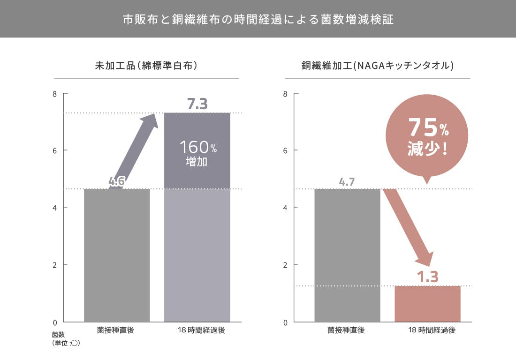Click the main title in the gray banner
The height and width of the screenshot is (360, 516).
(x=258, y=19)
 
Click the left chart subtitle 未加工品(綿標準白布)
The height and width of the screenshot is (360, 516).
(x=146, y=66)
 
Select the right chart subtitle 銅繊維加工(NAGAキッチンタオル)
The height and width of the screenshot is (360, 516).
(x=377, y=66)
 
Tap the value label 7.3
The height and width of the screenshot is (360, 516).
(x=197, y=104)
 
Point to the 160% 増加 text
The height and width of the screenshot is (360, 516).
(x=197, y=153)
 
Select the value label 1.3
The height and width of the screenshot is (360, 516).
(x=427, y=277)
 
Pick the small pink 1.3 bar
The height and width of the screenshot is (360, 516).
(x=427, y=304)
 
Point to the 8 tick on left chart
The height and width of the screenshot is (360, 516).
(x=54, y=94)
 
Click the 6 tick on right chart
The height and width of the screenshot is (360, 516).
(x=285, y=150)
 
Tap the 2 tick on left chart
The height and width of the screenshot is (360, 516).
(x=54, y=265)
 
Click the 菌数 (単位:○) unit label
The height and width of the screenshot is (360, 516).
(x=65, y=339)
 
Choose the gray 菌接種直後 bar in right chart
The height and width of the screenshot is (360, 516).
(x=347, y=255)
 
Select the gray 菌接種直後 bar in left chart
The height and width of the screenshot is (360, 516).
(x=117, y=255)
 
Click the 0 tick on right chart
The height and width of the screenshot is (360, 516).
(x=285, y=322)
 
